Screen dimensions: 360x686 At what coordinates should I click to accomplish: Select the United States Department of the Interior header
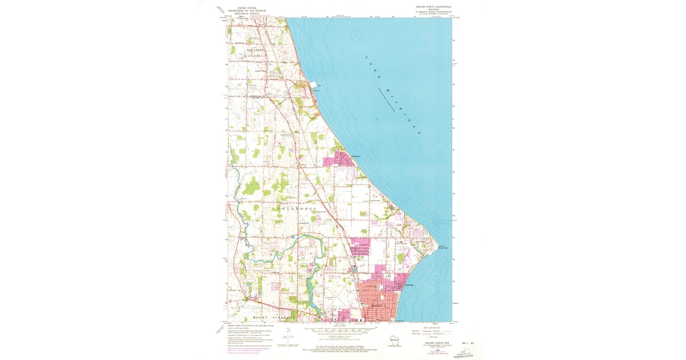click(x=248, y=10)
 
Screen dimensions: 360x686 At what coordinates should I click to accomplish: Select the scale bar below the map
click(x=341, y=330)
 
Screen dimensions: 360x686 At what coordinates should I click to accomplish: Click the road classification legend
click(x=432, y=333)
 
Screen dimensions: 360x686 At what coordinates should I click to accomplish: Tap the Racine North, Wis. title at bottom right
click(x=434, y=343)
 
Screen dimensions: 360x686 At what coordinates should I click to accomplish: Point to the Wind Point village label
click(x=421, y=242)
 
